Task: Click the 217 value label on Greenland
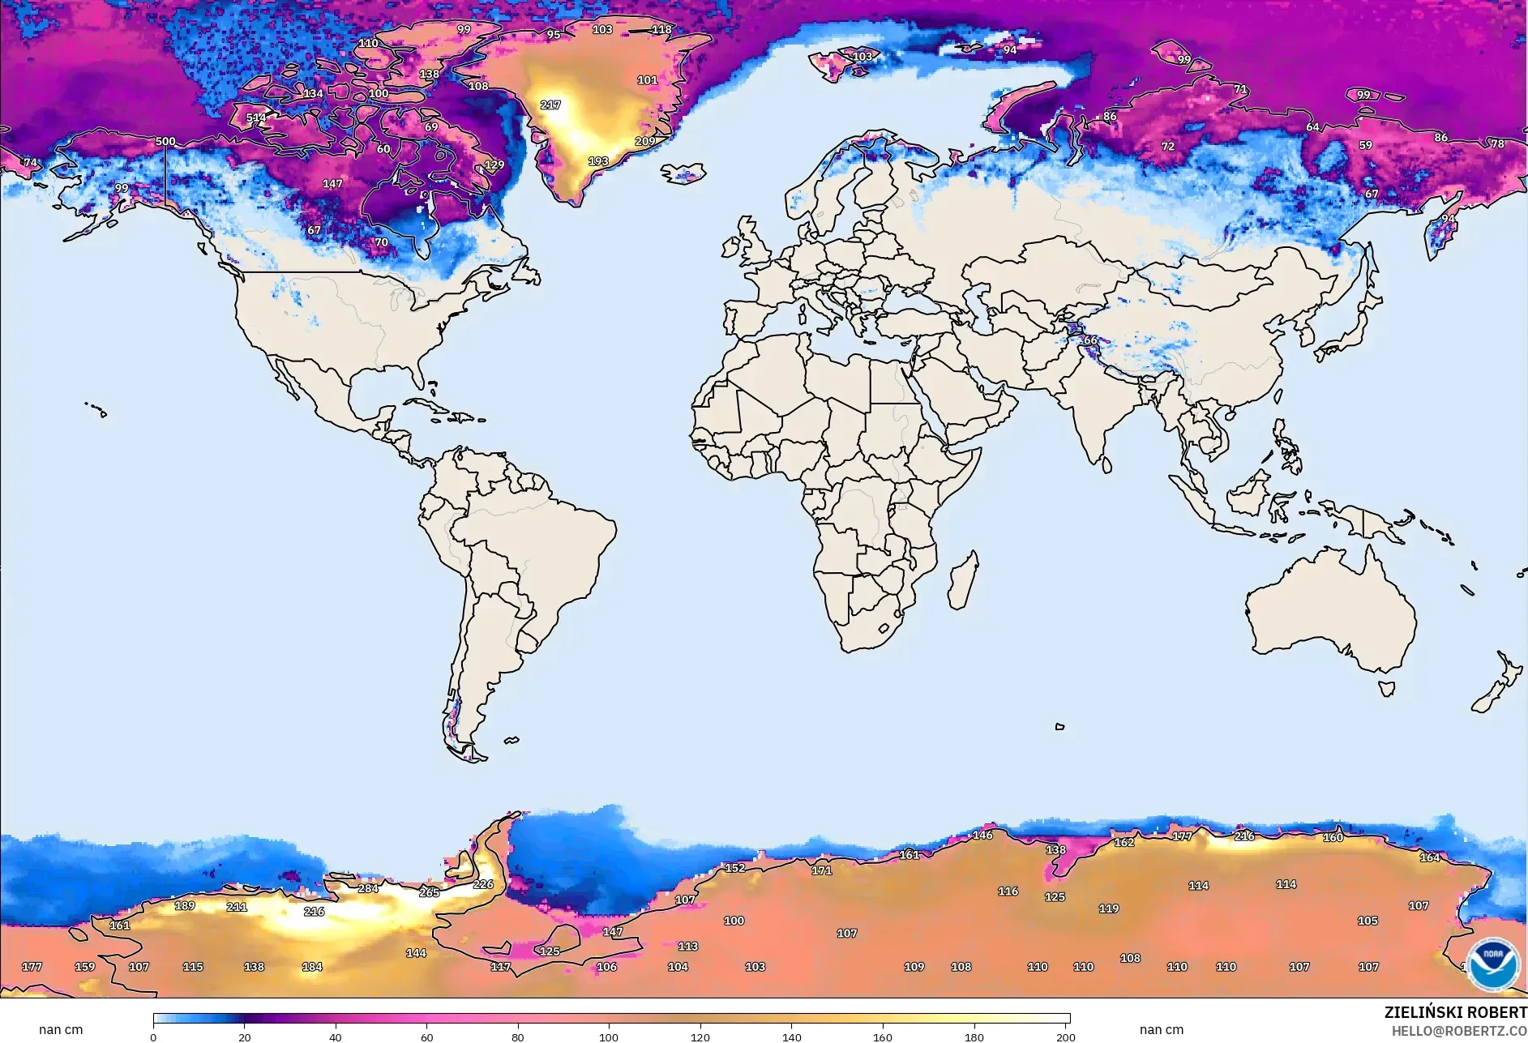click(550, 105)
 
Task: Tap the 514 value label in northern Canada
click(256, 118)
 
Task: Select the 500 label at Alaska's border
click(165, 142)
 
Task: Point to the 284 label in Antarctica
click(368, 889)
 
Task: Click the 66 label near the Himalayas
click(1090, 340)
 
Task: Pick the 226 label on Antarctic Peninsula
click(483, 885)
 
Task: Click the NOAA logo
click(1492, 964)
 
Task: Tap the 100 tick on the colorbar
click(609, 1037)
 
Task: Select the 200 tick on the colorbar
click(1065, 1037)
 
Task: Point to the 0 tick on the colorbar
click(153, 1037)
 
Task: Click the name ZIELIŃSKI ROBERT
click(1455, 1013)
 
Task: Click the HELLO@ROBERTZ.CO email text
click(1459, 1031)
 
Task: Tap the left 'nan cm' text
click(61, 1030)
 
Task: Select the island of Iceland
click(683, 173)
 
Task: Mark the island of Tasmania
click(1387, 689)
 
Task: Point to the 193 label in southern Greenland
click(598, 161)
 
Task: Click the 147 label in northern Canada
click(332, 184)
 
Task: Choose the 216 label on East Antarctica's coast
click(1244, 836)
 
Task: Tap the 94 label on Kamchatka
click(1448, 219)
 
